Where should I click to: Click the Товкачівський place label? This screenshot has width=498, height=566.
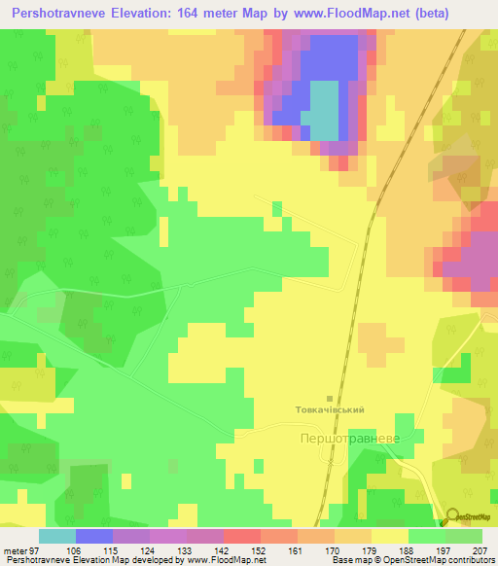tap(330, 410)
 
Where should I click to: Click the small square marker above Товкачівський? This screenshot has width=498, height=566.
tap(330, 399)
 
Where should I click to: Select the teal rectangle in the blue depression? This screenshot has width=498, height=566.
tap(325, 110)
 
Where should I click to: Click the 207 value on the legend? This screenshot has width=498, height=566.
tap(480, 550)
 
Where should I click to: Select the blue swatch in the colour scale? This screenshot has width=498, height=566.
tap(93, 536)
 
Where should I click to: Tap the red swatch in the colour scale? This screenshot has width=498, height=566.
tap(241, 536)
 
